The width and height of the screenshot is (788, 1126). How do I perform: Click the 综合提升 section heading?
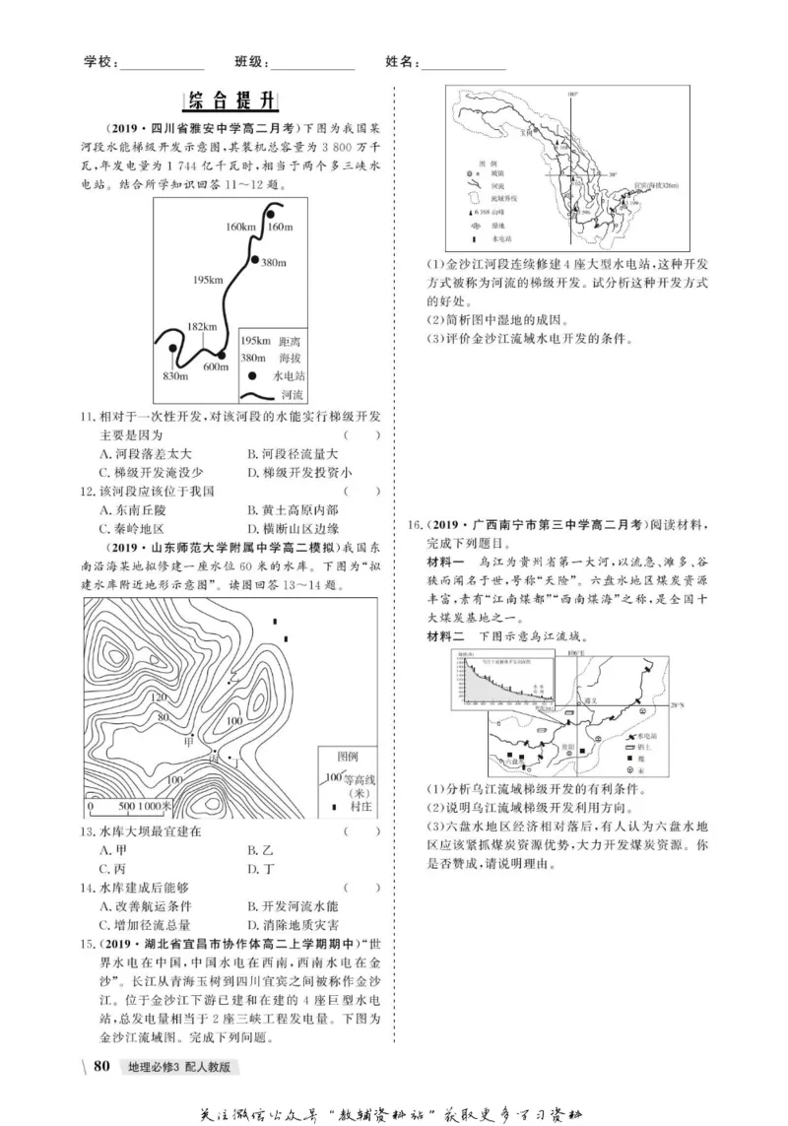[x=233, y=102]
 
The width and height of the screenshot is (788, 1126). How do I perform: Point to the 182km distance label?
[x=201, y=327]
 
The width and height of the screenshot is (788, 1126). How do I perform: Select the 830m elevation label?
[x=174, y=374]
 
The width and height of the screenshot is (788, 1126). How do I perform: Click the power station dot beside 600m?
[x=222, y=355]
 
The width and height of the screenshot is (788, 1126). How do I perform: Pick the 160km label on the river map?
[x=239, y=228]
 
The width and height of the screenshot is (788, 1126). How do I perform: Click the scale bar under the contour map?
[x=128, y=805]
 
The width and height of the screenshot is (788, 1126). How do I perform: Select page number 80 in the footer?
[x=100, y=1066]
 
